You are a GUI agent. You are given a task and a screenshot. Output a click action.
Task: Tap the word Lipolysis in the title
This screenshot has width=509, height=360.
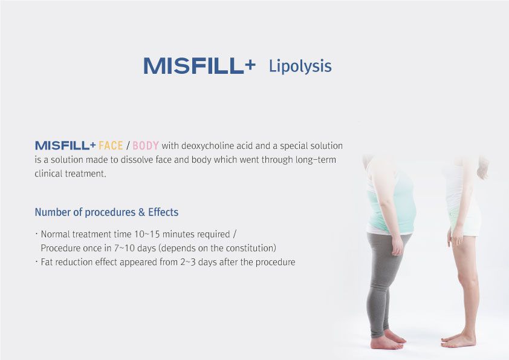pos(300,67)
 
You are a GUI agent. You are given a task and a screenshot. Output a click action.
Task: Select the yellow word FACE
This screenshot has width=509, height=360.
pos(111,146)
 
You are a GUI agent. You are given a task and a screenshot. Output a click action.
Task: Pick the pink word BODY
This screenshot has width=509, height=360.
pos(146,146)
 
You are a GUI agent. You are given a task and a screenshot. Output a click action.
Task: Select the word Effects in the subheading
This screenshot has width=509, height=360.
pos(163,212)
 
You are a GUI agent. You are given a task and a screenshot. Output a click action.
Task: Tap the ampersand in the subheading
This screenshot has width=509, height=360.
pos(141,212)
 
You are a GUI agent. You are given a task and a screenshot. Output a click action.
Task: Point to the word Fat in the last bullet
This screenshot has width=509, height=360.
pos(47,262)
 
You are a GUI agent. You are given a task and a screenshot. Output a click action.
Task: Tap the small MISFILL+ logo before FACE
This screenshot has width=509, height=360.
pos(65,146)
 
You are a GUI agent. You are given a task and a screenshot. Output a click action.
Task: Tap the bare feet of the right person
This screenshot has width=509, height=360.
pos(458,339)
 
